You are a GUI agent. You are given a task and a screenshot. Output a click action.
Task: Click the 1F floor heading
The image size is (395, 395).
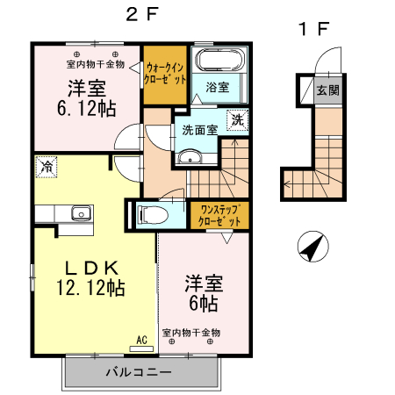click(314, 29)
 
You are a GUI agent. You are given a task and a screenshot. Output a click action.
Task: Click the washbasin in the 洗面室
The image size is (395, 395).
click(190, 158)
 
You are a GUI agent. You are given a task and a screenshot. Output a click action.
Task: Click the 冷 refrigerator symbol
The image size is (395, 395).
click(45, 164)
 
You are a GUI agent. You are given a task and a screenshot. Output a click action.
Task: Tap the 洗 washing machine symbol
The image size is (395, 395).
click(237, 121)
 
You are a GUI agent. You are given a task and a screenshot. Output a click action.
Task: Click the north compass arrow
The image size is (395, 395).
click(311, 248)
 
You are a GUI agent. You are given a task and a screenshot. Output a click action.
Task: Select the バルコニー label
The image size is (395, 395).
click(141, 372)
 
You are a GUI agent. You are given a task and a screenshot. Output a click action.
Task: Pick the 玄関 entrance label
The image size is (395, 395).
click(327, 90)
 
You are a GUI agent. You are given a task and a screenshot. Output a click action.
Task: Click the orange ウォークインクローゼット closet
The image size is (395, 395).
click(165, 72)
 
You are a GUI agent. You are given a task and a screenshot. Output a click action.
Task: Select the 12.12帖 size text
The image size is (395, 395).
click(89, 287)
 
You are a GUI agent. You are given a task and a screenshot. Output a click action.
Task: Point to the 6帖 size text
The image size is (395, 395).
click(203, 304)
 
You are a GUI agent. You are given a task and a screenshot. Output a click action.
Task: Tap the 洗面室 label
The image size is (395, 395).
click(198, 130)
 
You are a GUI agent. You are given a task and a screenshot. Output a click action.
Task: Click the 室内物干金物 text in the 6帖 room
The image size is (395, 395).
click(191, 334)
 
